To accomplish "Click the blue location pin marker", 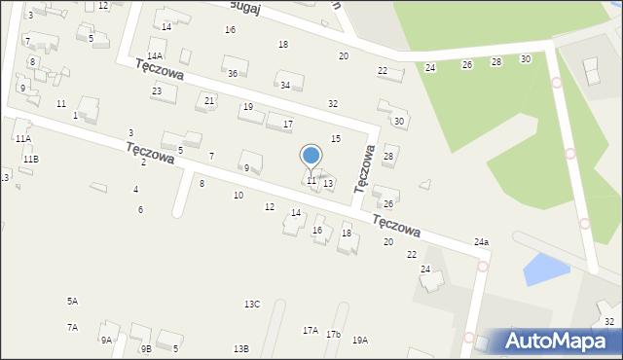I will (311, 156).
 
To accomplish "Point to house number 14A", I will (155, 56).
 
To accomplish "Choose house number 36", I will (233, 74).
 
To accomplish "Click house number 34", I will (285, 86).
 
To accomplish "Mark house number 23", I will (157, 90).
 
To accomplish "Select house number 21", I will (209, 101).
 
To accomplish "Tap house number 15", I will (336, 139).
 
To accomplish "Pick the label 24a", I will (481, 241).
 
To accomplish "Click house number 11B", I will (31, 159).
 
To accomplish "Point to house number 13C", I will (252, 305).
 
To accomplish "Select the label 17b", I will (334, 335).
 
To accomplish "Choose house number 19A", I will (360, 340).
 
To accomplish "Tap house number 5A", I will (72, 302).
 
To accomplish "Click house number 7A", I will (72, 328).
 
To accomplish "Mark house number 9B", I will (146, 348).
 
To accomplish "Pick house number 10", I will (238, 196).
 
